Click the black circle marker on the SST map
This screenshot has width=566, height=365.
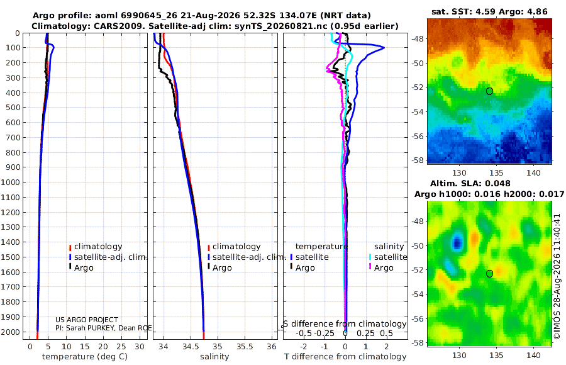coord(489,91)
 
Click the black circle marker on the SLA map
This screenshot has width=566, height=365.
coord(489,274)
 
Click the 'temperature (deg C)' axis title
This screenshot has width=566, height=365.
coord(85,357)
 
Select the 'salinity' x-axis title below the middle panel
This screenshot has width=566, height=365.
coord(214,357)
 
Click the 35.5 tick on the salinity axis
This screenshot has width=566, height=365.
coord(245,346)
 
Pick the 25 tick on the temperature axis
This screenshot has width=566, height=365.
coord(121,346)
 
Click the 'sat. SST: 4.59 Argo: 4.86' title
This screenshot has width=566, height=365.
coord(489,11)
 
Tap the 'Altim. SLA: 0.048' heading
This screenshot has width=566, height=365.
coord(470,183)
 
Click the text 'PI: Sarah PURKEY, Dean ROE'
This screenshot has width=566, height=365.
coord(104,328)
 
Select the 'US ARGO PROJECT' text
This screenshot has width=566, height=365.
coord(87,320)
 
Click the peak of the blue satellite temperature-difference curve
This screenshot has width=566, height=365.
coord(384,48)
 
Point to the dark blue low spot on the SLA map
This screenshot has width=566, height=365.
coord(457,242)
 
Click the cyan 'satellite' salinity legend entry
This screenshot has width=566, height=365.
coord(388,257)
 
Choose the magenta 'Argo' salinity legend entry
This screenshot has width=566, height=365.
coord(381,268)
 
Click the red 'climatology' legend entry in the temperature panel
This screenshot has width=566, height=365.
coord(96,247)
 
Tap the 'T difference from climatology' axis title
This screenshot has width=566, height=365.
coord(345,357)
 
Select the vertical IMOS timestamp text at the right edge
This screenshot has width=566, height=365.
coord(557,277)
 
